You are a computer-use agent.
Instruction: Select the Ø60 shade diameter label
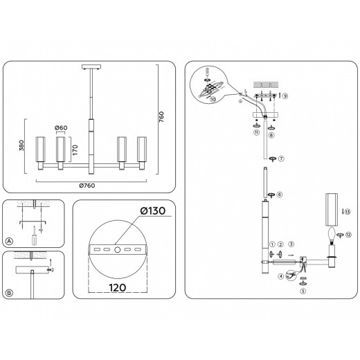tap(61, 129)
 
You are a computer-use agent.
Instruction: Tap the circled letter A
tap(10, 241)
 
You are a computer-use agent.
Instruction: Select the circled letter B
tap(10, 293)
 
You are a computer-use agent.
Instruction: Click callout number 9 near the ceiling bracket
tap(285, 95)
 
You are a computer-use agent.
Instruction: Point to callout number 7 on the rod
tap(282, 159)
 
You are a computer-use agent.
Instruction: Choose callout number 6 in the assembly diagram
tap(279, 195)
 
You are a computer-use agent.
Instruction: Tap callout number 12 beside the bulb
tap(348, 235)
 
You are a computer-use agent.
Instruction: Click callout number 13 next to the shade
tap(348, 211)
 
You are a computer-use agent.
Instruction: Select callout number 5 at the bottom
tap(303, 291)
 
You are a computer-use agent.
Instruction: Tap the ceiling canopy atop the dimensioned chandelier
tap(91, 66)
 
